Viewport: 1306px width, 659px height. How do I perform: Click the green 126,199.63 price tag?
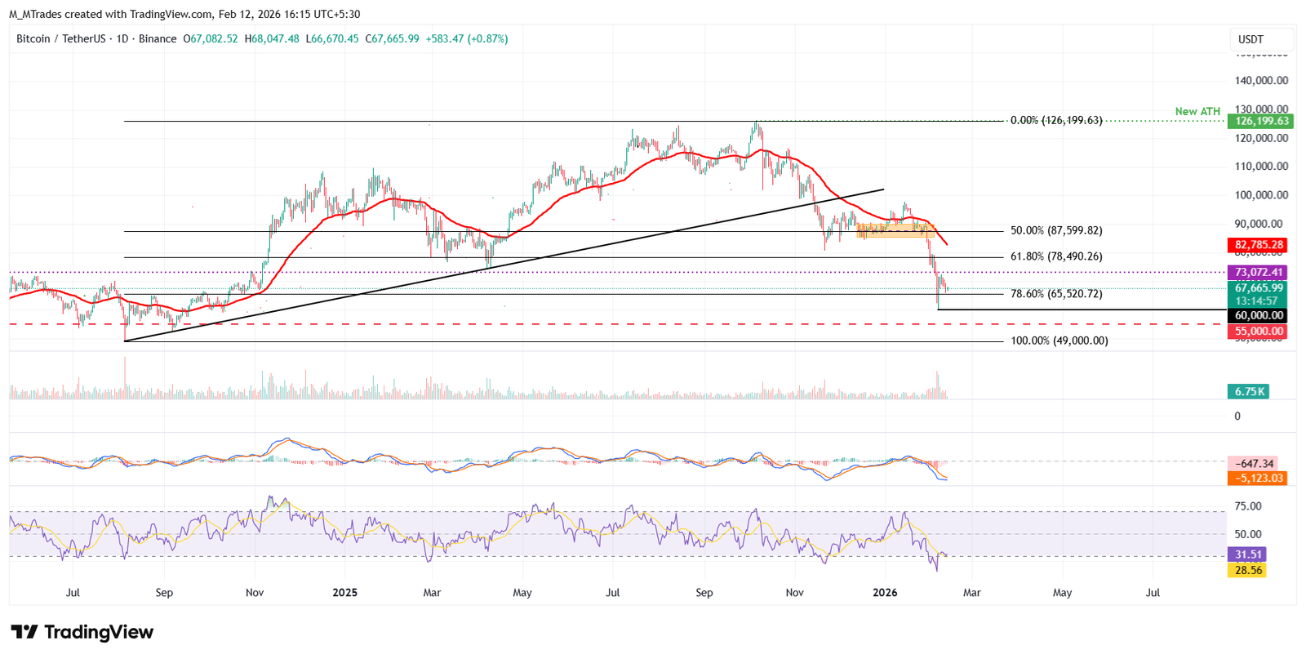1260,121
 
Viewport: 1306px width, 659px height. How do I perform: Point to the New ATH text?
1197,111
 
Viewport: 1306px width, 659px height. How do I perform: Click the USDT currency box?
1261,39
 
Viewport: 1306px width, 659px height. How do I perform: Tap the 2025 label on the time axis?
344,593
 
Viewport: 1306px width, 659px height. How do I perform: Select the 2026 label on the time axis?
885,593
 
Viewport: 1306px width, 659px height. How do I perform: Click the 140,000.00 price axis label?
1261,81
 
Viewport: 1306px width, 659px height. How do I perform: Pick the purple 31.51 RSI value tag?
1248,554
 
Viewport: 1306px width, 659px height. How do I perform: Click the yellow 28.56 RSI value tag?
1248,570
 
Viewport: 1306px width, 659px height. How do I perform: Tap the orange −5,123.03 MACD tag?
1258,479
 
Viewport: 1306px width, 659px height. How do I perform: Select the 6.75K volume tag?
1249,392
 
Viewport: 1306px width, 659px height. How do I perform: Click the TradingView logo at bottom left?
82,632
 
